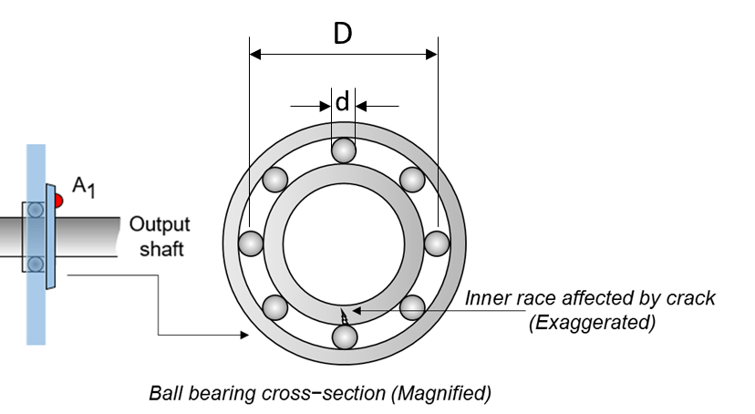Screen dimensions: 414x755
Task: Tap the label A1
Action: (x=84, y=188)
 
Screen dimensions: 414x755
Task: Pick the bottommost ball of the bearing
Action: (x=344, y=336)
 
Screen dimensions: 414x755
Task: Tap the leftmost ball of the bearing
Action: (x=251, y=243)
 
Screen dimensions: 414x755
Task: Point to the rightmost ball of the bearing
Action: (x=437, y=243)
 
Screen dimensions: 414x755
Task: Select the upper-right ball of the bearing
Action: (x=412, y=179)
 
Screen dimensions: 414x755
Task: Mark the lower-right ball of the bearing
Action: (x=412, y=306)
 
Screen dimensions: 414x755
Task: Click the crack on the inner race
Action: (x=344, y=316)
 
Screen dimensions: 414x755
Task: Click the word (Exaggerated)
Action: (x=592, y=322)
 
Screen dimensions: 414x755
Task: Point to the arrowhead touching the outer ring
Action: (x=245, y=336)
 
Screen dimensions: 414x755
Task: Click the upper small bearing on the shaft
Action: (x=36, y=209)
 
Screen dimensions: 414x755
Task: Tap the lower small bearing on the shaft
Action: (x=36, y=264)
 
